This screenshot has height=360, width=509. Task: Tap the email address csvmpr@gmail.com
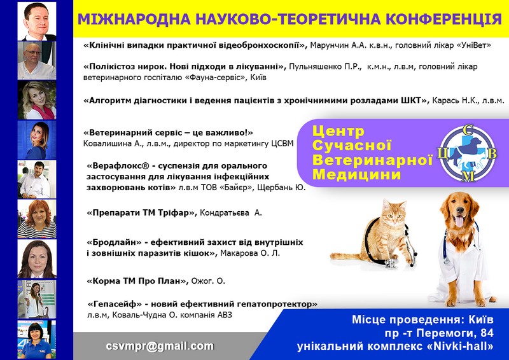point(160,346)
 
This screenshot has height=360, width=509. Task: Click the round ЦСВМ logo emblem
point(468,153)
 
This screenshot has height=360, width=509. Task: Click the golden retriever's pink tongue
point(459,221)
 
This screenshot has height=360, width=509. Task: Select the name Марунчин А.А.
point(330,45)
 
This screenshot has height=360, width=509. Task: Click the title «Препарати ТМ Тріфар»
point(142,213)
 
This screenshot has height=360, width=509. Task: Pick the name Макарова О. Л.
point(250,253)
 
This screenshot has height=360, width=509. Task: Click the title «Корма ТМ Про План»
point(137,281)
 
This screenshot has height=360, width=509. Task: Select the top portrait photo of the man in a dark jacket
point(37,21)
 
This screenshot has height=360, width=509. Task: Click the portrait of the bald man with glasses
point(37,60)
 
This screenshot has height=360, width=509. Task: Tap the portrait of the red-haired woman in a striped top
point(37,219)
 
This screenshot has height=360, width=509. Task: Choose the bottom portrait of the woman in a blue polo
point(37,339)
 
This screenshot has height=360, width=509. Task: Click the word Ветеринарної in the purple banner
point(372,160)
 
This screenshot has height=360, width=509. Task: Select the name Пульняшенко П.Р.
point(325,67)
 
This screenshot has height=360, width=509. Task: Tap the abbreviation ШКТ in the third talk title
point(412,100)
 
